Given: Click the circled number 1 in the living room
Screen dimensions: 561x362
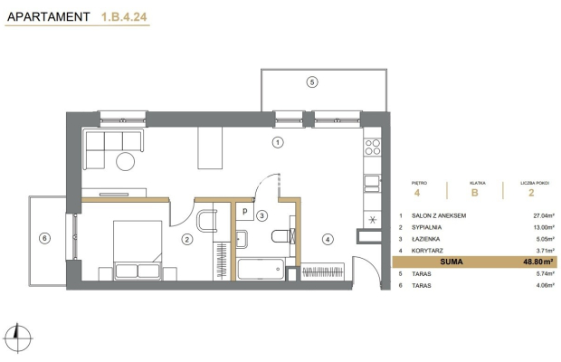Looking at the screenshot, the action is tap(278, 142).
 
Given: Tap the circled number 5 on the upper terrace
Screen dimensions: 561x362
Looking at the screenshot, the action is tap(312, 82).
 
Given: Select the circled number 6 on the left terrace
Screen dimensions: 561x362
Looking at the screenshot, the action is tap(44, 238).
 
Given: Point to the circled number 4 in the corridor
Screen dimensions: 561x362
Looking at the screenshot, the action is tap(328, 239).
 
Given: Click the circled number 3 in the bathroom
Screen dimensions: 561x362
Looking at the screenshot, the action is tap(261, 215).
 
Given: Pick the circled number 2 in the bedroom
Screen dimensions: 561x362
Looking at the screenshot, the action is tap(187, 239).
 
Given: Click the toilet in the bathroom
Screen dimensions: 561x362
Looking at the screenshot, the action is tap(281, 236).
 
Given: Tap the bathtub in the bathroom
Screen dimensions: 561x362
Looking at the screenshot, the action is tap(261, 269).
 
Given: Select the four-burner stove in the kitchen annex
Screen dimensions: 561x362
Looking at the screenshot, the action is tap(373, 147).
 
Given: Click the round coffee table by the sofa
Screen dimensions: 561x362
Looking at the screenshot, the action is tap(125, 161).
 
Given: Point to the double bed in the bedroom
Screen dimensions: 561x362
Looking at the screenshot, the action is tap(138, 250).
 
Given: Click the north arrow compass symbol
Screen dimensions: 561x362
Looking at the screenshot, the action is tap(17, 338).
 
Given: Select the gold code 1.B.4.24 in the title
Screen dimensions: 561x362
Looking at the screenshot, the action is tap(124, 17).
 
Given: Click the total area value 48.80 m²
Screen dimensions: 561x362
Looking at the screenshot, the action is tap(538, 262).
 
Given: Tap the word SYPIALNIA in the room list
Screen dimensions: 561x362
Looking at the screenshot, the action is tap(426, 227).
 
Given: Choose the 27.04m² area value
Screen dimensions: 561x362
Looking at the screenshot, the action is tap(544, 215).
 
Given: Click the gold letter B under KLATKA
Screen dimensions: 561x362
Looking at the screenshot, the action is tap(474, 193).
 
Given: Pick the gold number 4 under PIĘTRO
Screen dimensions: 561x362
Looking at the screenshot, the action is tap(417, 193).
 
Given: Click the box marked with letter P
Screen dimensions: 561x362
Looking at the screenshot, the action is tap(244, 211).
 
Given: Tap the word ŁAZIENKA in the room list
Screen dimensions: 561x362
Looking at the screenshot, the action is tap(426, 239).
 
